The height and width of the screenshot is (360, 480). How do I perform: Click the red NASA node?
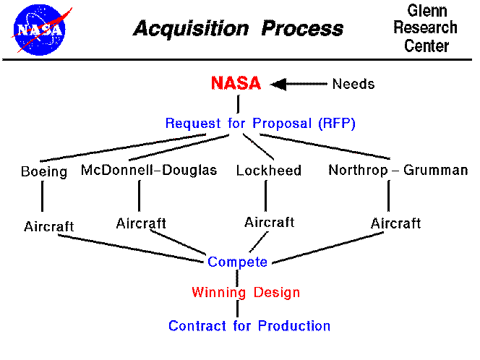[236, 83]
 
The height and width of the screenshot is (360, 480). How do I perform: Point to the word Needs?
[353, 84]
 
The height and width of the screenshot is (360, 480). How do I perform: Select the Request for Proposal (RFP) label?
[260, 123]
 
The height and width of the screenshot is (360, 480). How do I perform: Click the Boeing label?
[44, 171]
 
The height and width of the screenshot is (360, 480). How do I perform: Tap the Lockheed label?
[269, 171]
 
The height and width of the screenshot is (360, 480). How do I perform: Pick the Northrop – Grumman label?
[398, 171]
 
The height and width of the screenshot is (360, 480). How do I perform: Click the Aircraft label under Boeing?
[48, 226]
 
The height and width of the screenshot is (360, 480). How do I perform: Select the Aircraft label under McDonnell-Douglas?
[141, 223]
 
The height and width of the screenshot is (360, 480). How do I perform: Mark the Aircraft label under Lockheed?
[270, 222]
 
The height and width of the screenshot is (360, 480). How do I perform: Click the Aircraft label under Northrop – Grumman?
[395, 223]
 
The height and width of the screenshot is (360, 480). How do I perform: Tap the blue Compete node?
[237, 262]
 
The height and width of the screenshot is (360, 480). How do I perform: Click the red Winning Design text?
[246, 293]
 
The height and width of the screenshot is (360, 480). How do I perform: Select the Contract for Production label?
[249, 326]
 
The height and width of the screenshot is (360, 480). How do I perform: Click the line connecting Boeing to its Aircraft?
[43, 197]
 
